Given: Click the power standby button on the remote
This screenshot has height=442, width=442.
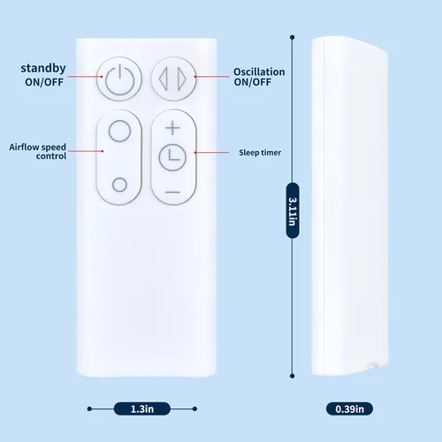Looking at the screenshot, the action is [119, 79].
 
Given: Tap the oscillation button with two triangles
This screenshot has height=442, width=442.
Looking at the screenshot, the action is [173, 79].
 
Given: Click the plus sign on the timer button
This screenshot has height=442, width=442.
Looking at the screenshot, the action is [172, 128].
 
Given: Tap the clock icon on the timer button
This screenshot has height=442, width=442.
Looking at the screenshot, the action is [172, 157].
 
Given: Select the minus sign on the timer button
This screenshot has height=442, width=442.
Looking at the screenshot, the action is [172, 192].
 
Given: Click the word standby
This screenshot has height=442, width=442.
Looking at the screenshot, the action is [43, 68].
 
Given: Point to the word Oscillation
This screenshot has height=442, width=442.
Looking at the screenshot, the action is [259, 72].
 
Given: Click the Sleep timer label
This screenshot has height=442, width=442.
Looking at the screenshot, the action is [260, 153].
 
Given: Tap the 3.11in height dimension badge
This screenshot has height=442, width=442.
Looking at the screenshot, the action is [293, 210].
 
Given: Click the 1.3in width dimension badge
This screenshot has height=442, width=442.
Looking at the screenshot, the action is [142, 409].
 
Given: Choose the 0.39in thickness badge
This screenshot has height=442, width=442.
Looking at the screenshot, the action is [350, 409].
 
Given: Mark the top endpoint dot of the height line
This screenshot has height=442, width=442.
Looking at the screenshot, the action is [293, 37].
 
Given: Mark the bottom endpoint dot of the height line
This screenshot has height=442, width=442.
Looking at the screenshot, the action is [293, 376].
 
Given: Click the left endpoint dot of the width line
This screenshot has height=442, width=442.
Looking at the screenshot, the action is [89, 408].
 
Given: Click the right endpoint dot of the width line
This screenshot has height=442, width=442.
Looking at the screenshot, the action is [194, 408].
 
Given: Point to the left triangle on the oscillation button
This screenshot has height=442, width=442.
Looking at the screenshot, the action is [164, 79].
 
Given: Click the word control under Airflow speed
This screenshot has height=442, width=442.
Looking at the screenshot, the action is [51, 156].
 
